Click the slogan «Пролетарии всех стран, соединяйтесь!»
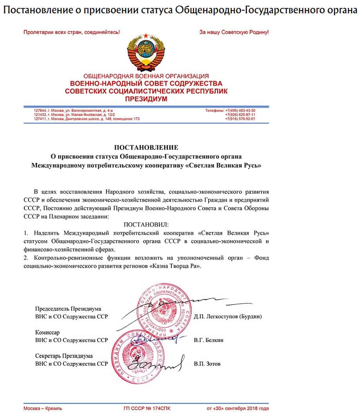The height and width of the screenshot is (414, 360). (72, 32)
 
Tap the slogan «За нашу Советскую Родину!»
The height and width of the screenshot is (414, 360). (234, 32)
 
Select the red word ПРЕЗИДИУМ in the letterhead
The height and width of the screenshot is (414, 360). (146, 99)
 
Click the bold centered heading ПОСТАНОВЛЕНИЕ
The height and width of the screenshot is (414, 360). (146, 147)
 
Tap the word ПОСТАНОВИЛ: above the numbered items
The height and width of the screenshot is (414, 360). (146, 225)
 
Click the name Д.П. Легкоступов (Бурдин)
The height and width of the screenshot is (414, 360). (228, 316)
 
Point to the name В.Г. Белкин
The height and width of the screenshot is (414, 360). (209, 340)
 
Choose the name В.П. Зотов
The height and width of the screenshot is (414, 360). (207, 364)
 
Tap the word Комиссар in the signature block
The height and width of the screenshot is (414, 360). (47, 332)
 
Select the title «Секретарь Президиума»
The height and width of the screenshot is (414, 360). (64, 356)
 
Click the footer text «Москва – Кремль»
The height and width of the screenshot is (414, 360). (43, 409)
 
